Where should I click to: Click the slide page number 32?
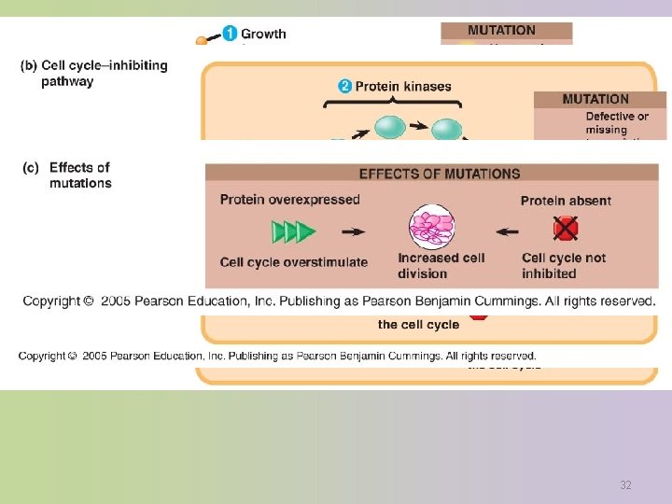pos(625,485)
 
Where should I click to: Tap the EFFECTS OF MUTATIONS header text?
pos(440,174)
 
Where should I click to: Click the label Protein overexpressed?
pos(289,199)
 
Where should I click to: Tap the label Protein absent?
pos(566,201)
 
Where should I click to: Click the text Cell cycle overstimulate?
pos(293,262)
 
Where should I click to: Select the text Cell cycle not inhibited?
pos(564,265)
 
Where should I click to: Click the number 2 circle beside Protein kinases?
pos(344,87)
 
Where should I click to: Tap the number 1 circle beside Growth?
pos(230,35)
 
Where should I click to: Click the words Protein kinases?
pos(402,87)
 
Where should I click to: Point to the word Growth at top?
pos(264,35)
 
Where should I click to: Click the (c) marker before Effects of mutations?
pos(31,168)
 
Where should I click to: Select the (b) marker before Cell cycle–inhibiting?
pos(29,65)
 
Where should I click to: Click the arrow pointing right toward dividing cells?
pos(353,231)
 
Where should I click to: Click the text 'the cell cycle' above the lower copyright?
pos(418,325)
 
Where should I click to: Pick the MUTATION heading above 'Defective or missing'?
pos(595,99)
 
